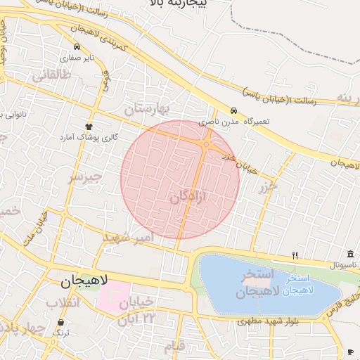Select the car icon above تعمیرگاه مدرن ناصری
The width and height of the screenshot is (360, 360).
[x=233, y=110]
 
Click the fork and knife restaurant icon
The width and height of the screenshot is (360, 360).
[x=295, y=255]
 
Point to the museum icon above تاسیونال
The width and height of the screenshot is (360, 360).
[x=350, y=254]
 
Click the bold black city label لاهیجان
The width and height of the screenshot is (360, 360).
[x=84, y=281]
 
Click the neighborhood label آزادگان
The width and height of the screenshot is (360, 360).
[x=189, y=198]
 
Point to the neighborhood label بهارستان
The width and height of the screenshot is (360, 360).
[x=148, y=109]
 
